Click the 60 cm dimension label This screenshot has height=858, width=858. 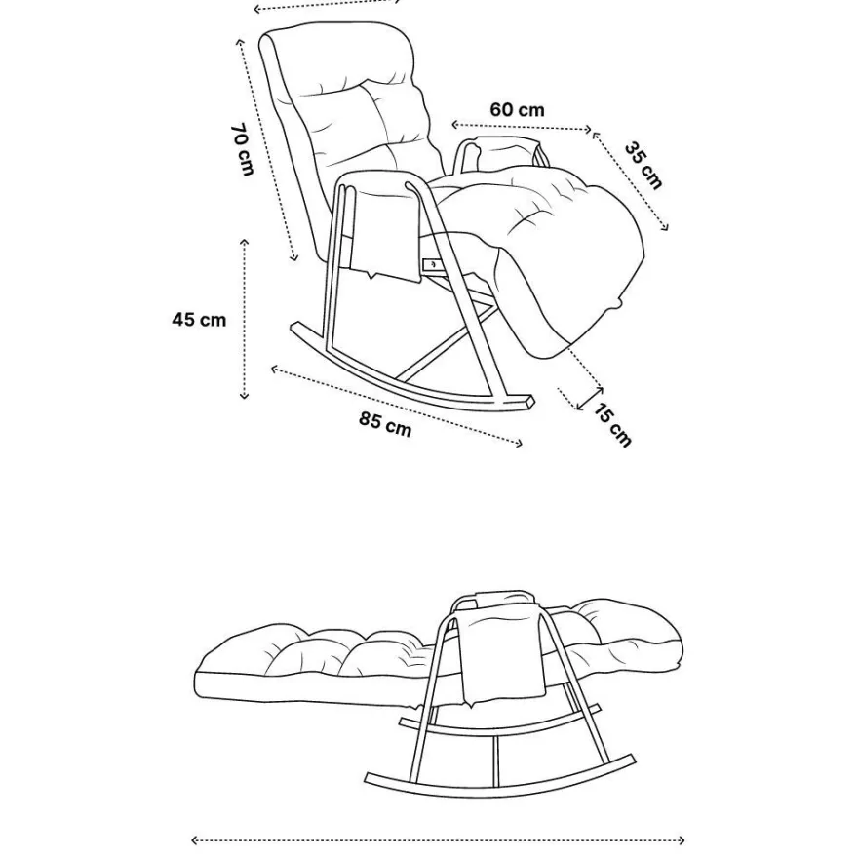pyautogui.click(x=517, y=109)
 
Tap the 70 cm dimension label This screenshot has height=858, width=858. pyautogui.click(x=243, y=149)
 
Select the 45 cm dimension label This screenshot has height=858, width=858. pyautogui.click(x=199, y=319)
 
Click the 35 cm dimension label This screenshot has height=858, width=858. pyautogui.click(x=643, y=165)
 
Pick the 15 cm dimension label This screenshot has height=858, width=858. pyautogui.click(x=612, y=425)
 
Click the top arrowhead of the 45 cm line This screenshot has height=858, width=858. pyautogui.click(x=244, y=242)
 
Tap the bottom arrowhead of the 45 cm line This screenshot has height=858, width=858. pyautogui.click(x=244, y=395)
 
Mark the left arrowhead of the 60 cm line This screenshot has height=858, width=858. pyautogui.click(x=454, y=125)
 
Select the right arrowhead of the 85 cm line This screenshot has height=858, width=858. pyautogui.click(x=519, y=443)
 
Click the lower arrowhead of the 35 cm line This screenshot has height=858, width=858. pyautogui.click(x=664, y=227)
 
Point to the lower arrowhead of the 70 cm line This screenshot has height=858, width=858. pyautogui.click(x=294, y=256)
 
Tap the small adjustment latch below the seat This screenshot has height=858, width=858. pyautogui.click(x=431, y=265)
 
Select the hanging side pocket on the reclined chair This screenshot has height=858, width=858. pyautogui.click(x=502, y=651)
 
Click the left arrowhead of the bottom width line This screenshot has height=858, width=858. pyautogui.click(x=195, y=839)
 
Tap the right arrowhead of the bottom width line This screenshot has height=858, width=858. pyautogui.click(x=681, y=839)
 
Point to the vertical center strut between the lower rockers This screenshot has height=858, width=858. pyautogui.click(x=495, y=760)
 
